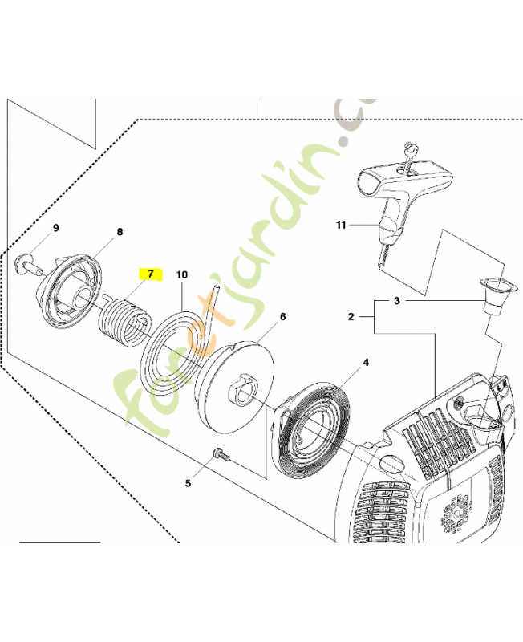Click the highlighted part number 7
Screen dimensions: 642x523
150,274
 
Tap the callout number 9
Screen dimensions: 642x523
56,228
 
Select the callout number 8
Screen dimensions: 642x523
120,232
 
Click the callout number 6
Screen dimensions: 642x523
282,317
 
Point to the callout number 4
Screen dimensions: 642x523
366,363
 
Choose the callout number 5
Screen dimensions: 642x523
189,483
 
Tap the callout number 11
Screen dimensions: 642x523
341,226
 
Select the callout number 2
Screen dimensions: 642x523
351,318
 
